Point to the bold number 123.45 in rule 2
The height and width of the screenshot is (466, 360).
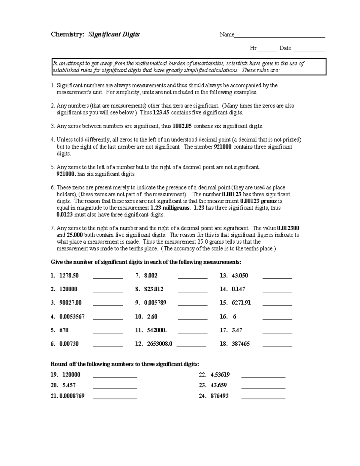[161, 113]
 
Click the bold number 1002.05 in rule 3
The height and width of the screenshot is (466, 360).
[182, 126]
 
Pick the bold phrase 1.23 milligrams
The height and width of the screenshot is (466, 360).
[170, 208]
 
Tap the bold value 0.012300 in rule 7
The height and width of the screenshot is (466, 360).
[288, 228]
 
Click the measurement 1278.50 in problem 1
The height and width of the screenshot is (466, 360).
[69, 276]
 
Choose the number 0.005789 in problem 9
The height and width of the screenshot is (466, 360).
[155, 303]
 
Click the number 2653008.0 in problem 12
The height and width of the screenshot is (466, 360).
[160, 344]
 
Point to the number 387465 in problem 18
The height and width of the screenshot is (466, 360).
[241, 344]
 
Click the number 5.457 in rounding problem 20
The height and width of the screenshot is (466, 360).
[69, 385]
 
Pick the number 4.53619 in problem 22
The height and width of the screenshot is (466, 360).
[220, 375]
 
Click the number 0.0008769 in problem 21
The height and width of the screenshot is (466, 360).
[72, 396]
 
